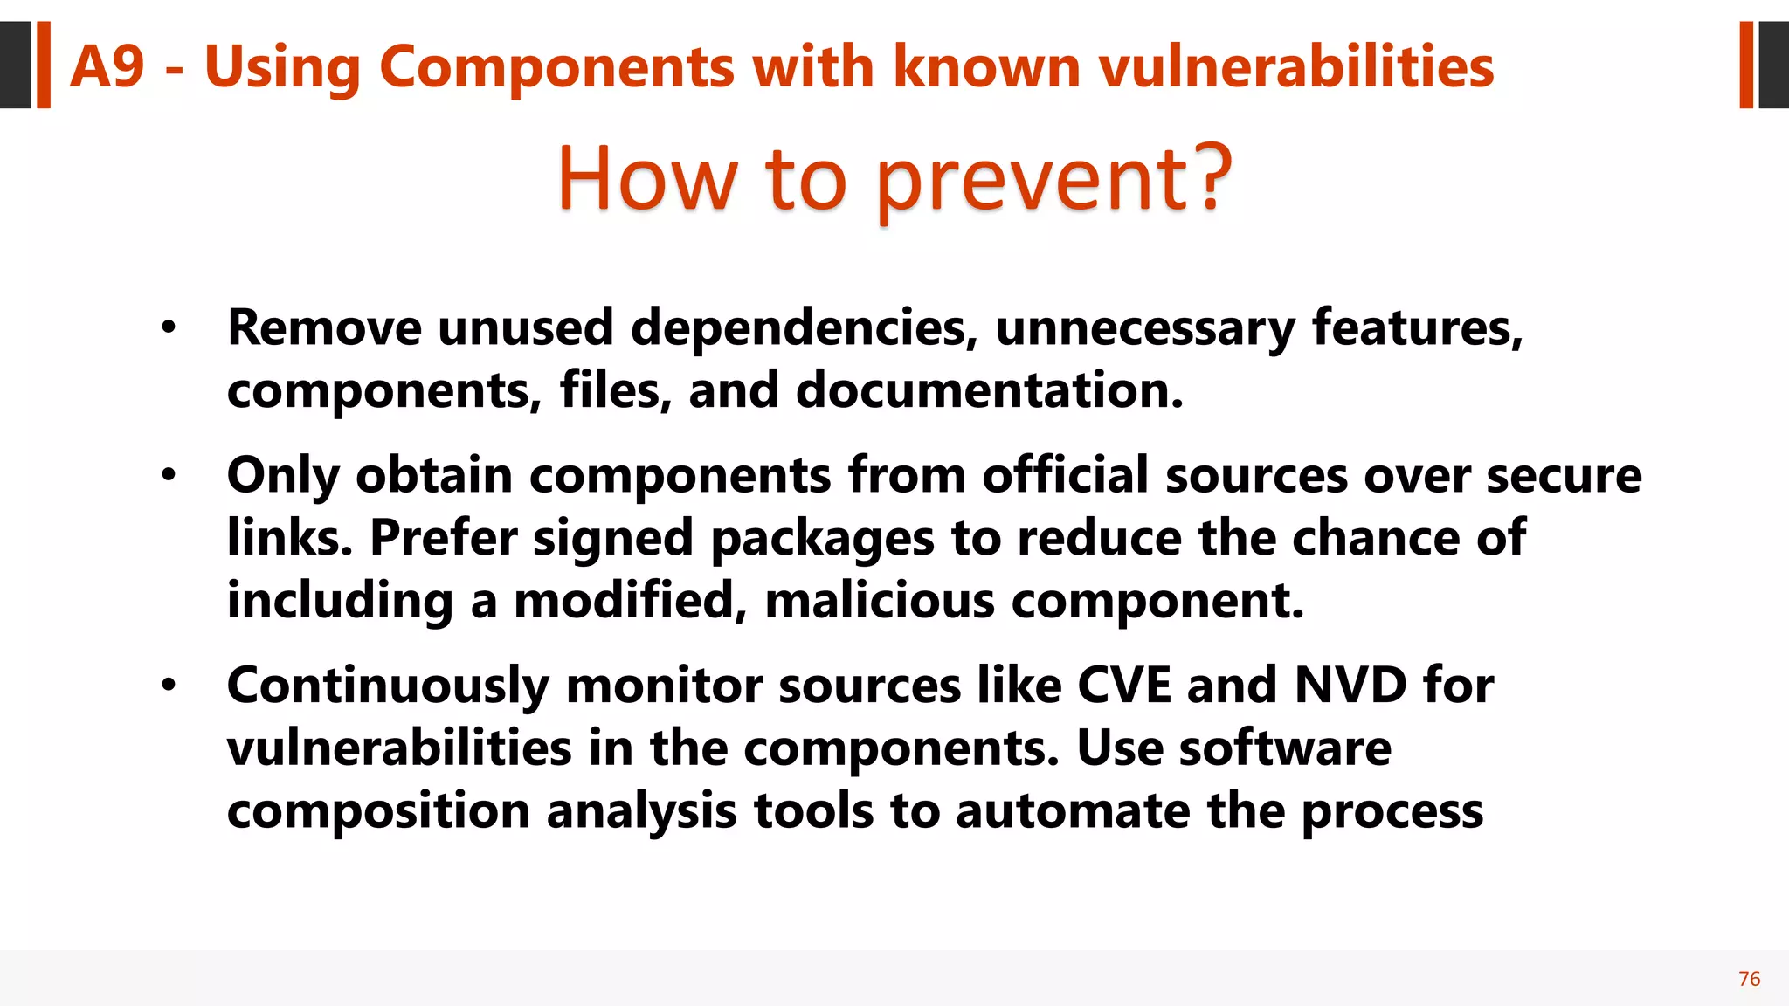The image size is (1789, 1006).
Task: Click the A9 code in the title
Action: pos(107,66)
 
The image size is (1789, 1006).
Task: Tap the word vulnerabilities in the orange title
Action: pos(1296,66)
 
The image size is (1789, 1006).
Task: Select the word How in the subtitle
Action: pos(647,178)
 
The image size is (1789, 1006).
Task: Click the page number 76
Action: pos(1749,979)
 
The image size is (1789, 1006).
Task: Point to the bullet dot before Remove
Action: pos(169,328)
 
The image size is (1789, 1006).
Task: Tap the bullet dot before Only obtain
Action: pos(169,476)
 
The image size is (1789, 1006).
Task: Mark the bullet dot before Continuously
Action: pos(169,686)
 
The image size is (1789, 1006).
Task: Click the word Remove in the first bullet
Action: pos(324,328)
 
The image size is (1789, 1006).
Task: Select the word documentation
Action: pos(989,390)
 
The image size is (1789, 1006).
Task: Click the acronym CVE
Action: pos(1123,686)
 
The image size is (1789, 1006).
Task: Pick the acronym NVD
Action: pos(1350,686)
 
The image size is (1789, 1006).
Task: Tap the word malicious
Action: pos(880,601)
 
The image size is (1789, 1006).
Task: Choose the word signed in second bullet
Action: pos(613,539)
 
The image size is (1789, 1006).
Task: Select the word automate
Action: pos(1072,811)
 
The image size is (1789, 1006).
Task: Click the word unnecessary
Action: pos(1145,328)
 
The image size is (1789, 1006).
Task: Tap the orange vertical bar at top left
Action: pos(43,65)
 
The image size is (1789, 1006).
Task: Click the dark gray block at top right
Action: pos(1773,65)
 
